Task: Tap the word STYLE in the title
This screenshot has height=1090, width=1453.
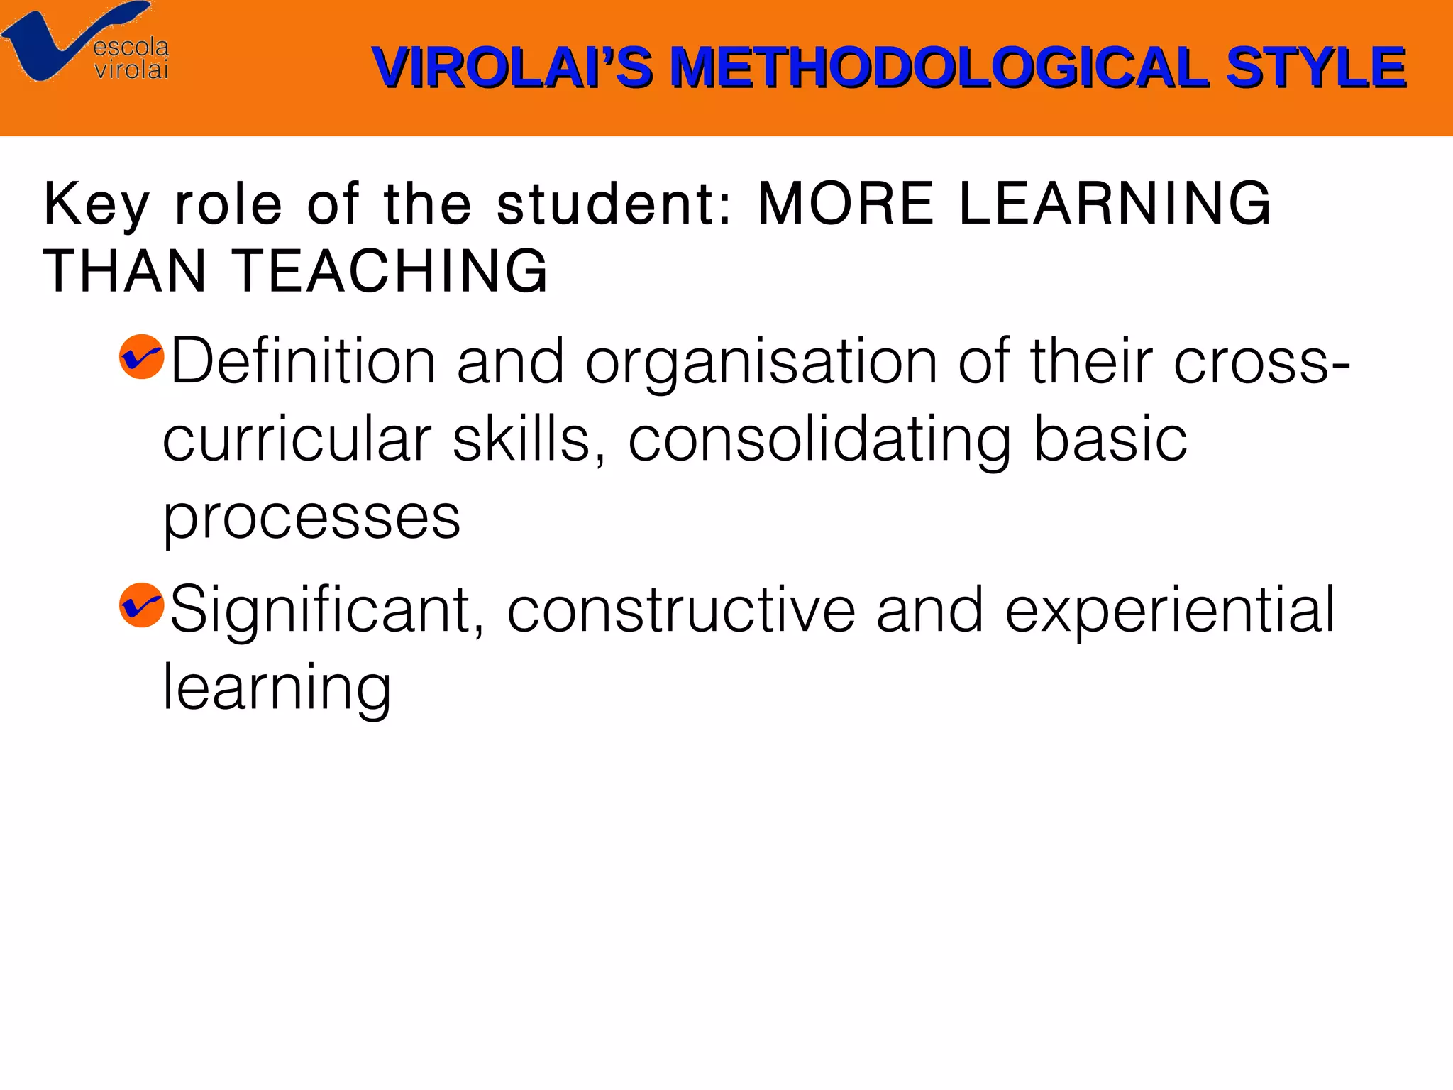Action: (1315, 67)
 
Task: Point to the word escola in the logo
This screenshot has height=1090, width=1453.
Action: (131, 47)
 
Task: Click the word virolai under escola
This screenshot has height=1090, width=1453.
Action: (131, 70)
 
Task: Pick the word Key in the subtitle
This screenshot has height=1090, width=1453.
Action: (96, 204)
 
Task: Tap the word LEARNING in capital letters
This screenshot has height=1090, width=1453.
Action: (1115, 204)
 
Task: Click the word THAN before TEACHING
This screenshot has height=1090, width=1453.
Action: (125, 271)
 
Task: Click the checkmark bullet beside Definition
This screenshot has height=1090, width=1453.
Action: (142, 356)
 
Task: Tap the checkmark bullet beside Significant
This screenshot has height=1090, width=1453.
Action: (142, 605)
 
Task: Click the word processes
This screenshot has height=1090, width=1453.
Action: (312, 518)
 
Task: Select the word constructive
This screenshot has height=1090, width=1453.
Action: (681, 610)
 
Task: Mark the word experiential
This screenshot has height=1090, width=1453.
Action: (1170, 610)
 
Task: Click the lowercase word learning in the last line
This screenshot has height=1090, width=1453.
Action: (277, 688)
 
